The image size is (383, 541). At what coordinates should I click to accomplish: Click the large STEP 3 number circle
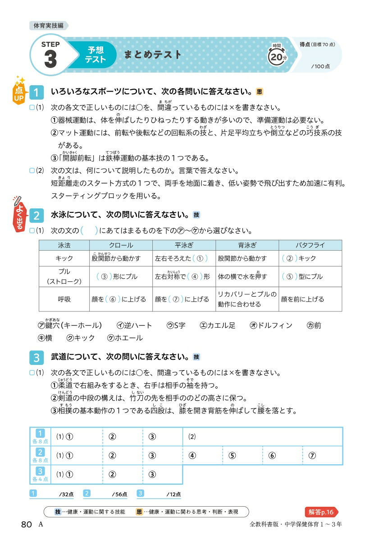point(50,55)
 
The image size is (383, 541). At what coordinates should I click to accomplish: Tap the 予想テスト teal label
point(96,55)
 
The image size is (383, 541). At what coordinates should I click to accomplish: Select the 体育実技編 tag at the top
point(49,26)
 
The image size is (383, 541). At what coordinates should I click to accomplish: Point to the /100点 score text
point(320,66)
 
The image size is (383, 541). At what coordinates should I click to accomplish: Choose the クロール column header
point(121,245)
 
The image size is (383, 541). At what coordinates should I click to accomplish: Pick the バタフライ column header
point(310,245)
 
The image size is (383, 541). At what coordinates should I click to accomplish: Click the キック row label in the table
point(64,258)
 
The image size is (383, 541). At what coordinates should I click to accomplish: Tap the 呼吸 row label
point(64,299)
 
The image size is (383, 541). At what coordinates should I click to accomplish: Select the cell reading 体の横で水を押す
point(247,276)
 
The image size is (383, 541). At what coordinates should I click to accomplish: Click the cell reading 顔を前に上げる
point(310,299)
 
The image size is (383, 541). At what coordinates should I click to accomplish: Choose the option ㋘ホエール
point(125,338)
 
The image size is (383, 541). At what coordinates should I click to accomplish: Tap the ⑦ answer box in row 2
point(323,455)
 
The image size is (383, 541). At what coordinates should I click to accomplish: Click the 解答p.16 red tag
point(321,512)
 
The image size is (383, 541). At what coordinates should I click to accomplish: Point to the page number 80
point(26,524)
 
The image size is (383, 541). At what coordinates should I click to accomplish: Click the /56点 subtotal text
point(119,494)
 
